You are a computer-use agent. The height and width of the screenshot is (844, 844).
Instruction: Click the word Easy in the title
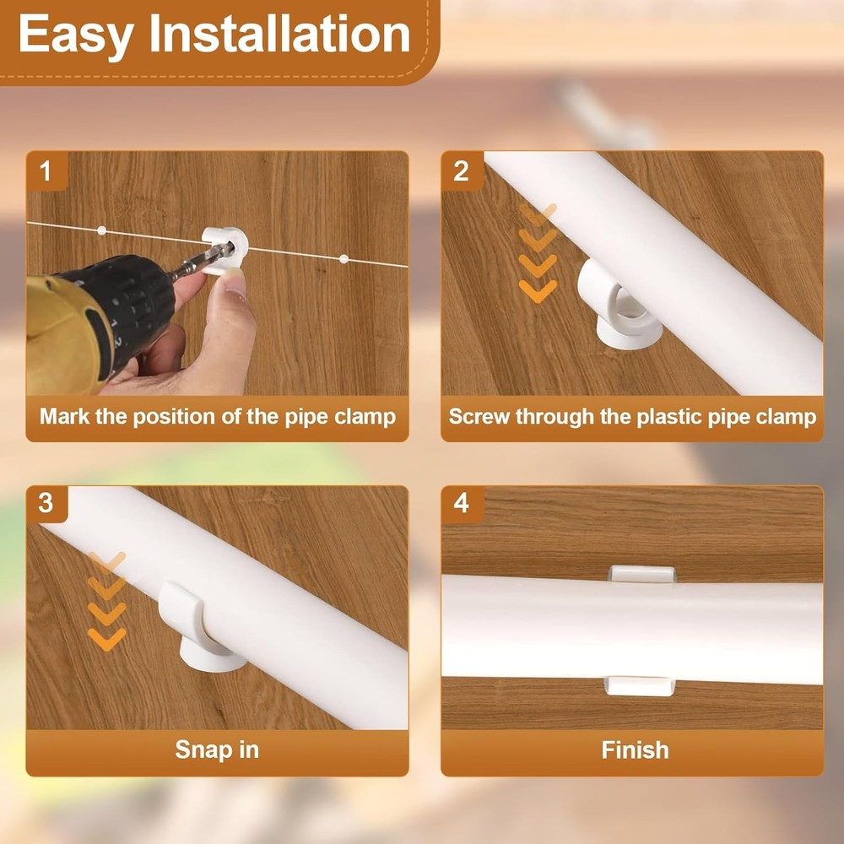pyautogui.click(x=76, y=35)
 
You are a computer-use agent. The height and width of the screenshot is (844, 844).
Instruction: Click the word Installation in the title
pyautogui.click(x=280, y=34)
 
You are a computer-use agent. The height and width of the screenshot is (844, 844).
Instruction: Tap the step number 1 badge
pyautogui.click(x=46, y=171)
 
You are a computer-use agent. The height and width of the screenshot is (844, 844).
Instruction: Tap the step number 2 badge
pyautogui.click(x=462, y=171)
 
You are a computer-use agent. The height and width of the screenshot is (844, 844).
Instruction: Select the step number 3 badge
pyautogui.click(x=46, y=503)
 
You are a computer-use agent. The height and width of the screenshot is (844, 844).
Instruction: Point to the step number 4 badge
pyautogui.click(x=462, y=503)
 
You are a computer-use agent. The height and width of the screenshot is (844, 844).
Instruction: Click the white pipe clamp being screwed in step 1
pyautogui.click(x=225, y=251)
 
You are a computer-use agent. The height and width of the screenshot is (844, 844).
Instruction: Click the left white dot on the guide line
pyautogui.click(x=102, y=231)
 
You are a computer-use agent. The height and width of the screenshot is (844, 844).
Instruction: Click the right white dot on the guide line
pyautogui.click(x=344, y=259)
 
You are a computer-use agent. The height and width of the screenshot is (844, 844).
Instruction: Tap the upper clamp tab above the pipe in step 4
pyautogui.click(x=641, y=574)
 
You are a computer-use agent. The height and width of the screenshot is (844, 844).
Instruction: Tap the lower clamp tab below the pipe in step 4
pyautogui.click(x=640, y=687)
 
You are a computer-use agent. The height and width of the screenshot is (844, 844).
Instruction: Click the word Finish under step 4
pyautogui.click(x=635, y=749)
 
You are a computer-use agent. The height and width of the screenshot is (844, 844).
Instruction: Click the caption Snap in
pyautogui.click(x=217, y=749)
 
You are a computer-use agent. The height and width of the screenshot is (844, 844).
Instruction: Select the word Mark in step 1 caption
pyautogui.click(x=64, y=417)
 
